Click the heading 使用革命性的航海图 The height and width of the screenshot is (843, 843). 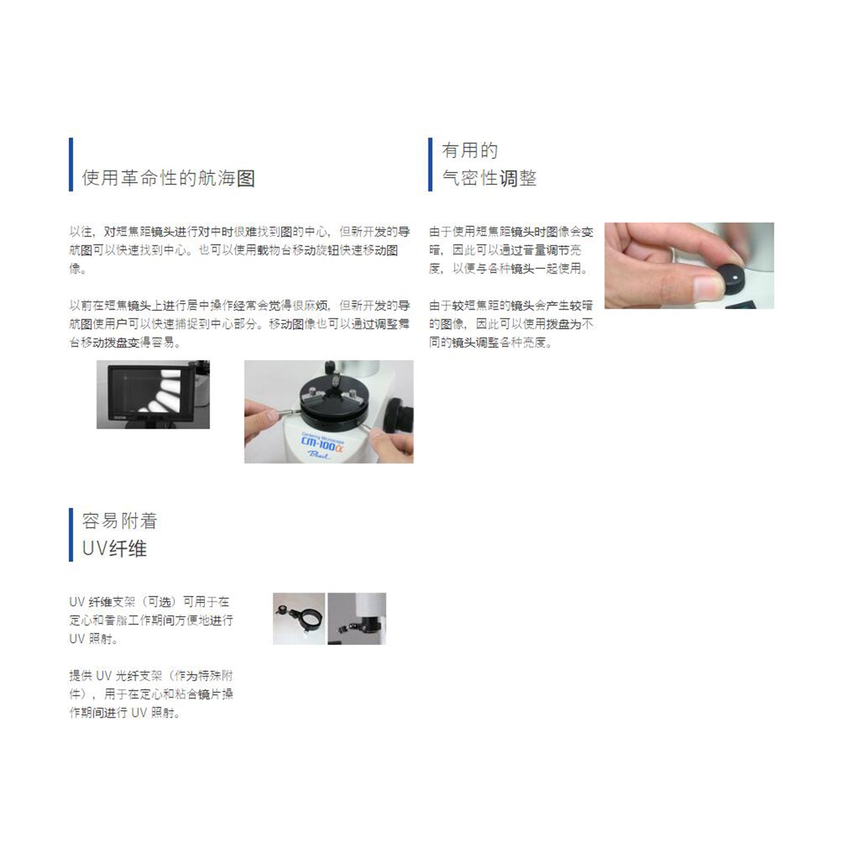169,178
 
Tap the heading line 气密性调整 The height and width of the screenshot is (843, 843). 490,178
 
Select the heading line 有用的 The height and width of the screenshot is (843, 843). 470,151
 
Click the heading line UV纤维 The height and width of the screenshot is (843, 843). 115,549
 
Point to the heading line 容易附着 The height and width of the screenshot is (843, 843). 120,521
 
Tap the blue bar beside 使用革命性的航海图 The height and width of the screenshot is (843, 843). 71,165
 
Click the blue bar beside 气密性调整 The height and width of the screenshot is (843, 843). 430,165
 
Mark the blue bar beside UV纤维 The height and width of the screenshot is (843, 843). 71,535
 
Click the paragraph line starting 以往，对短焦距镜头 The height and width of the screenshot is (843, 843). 240,232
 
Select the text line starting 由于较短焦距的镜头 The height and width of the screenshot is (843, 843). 511,306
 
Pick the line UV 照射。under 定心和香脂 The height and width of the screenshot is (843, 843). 93,639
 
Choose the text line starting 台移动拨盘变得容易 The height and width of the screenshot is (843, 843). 125,342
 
